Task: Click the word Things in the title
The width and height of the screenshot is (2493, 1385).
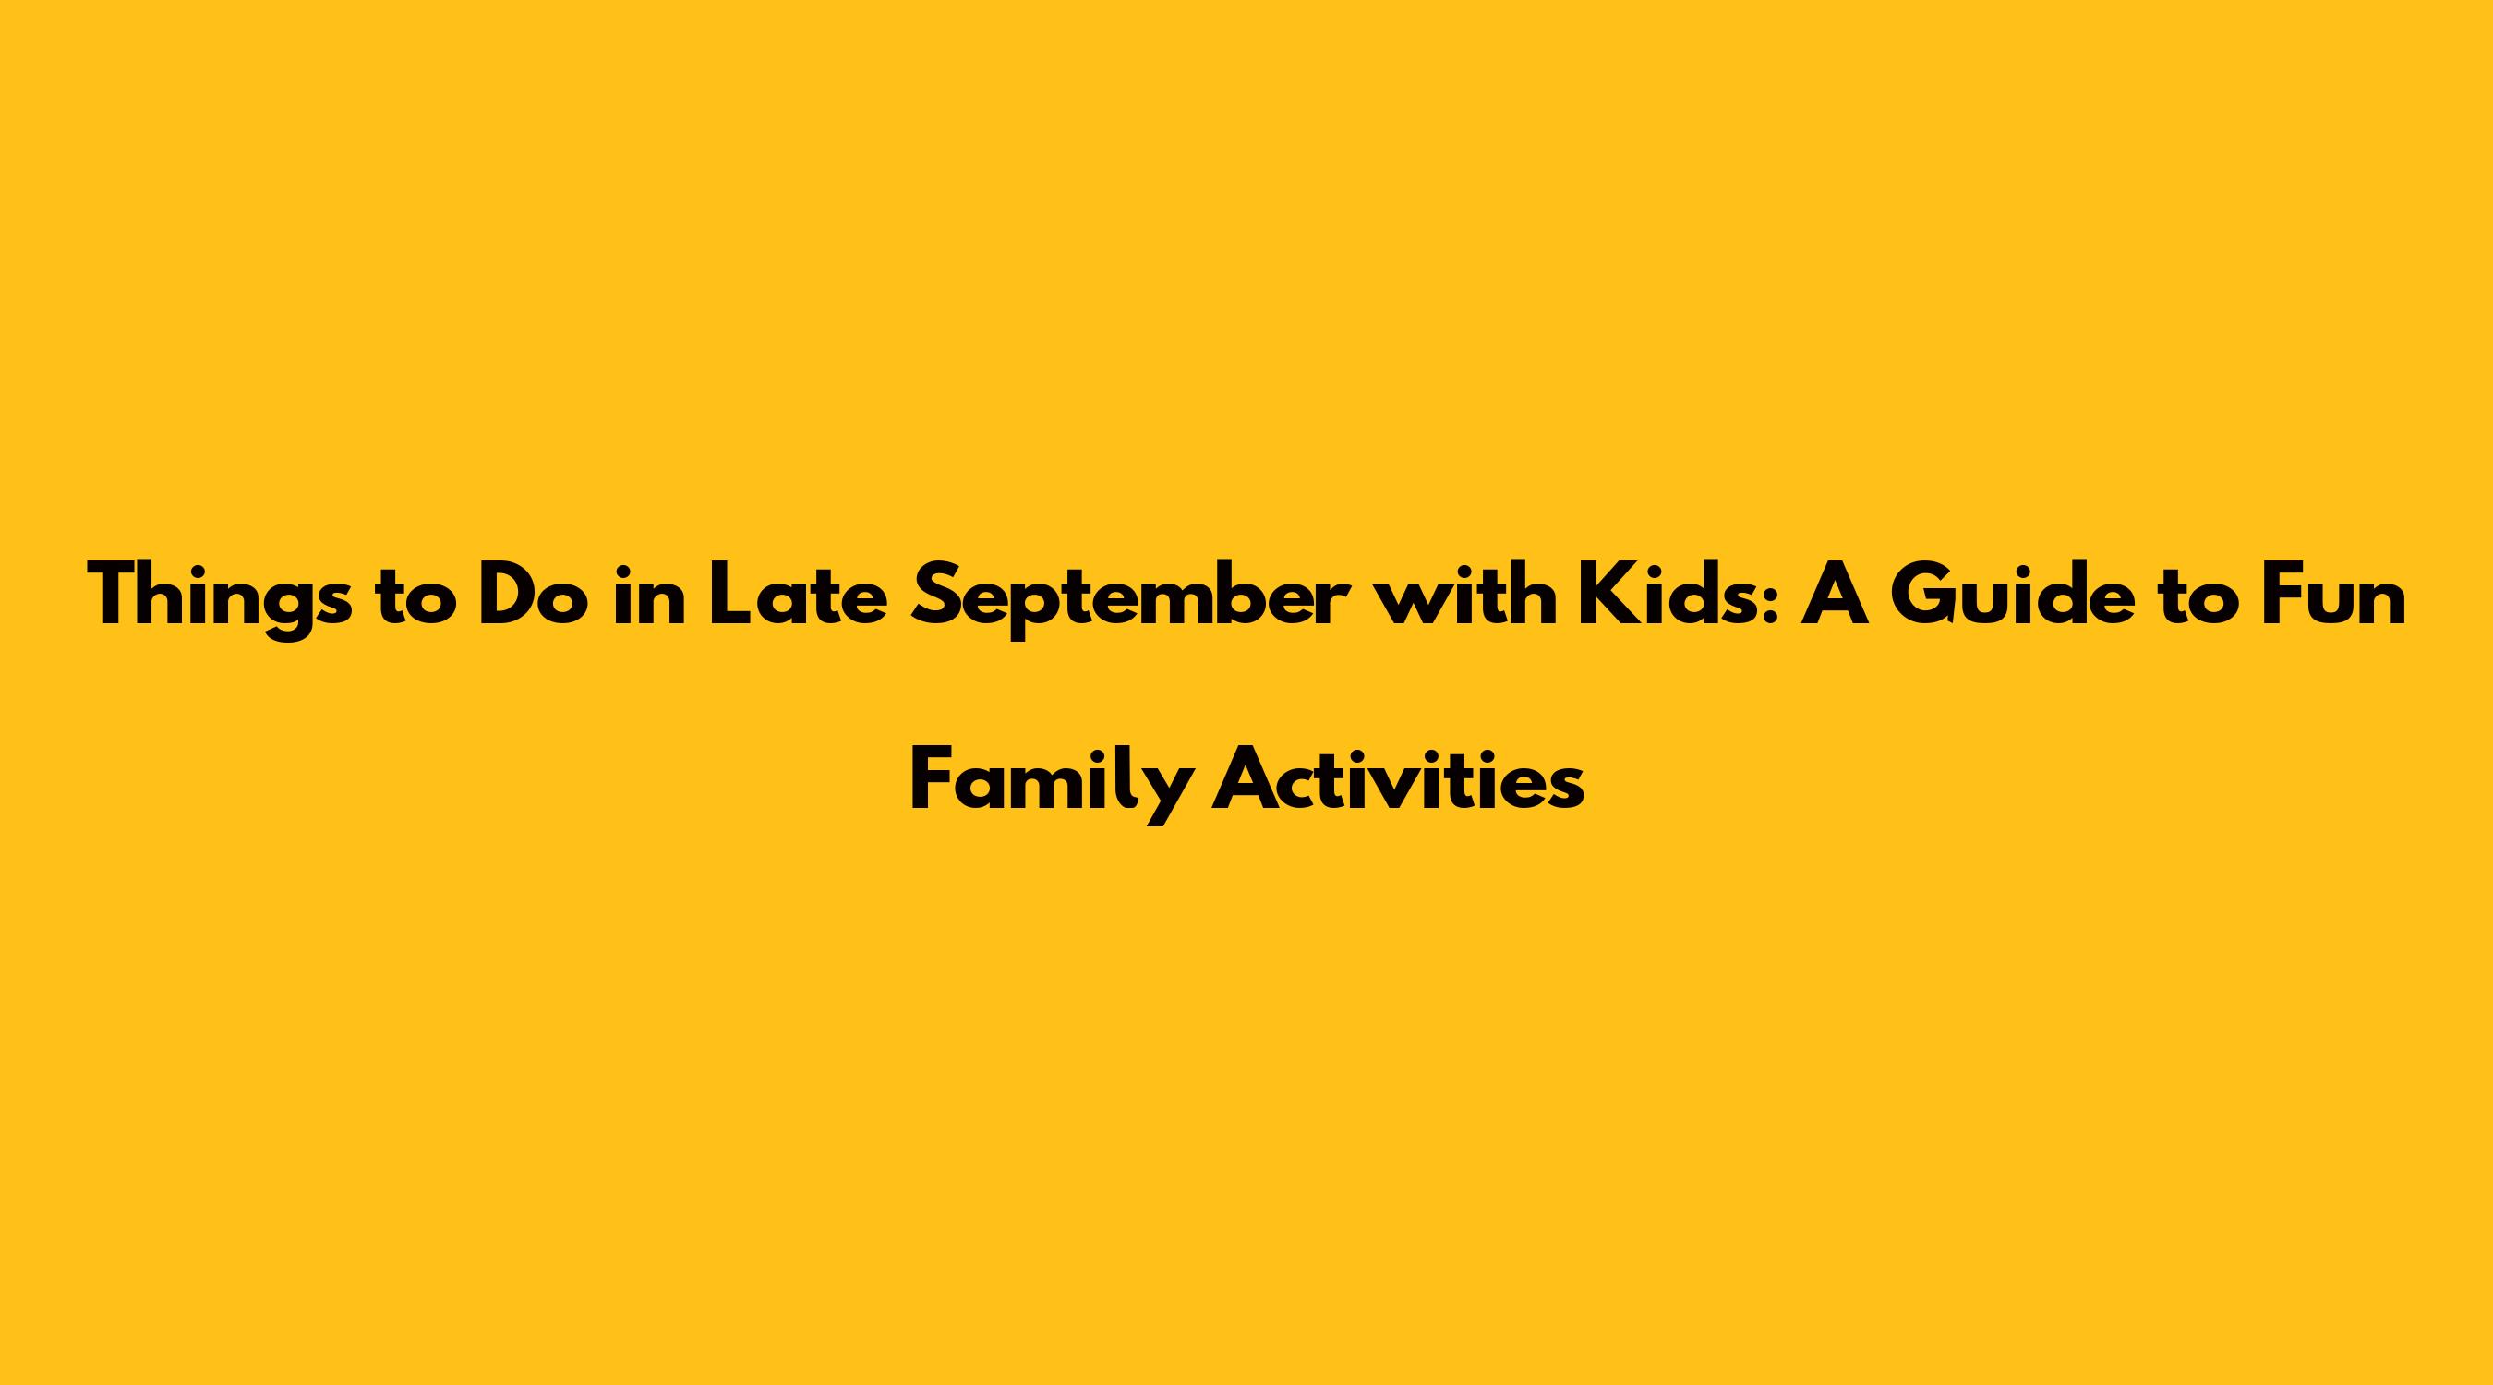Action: (x=219, y=596)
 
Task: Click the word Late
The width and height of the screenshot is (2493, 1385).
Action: (x=798, y=596)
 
